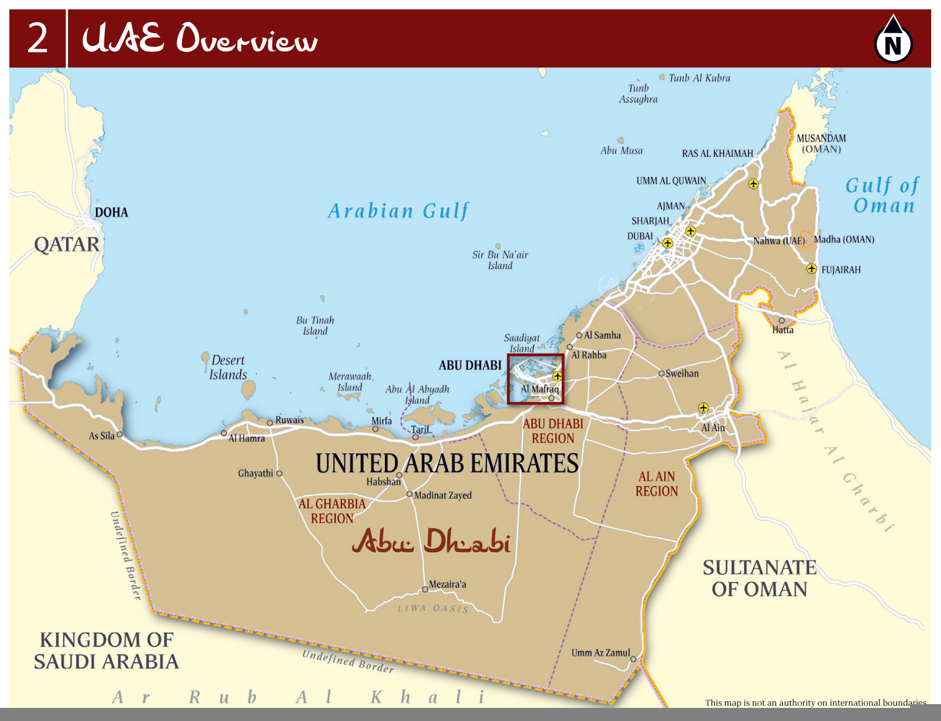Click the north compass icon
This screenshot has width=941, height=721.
click(x=893, y=40)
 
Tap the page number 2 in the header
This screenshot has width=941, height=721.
click(x=37, y=38)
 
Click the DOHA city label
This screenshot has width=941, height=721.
click(x=111, y=213)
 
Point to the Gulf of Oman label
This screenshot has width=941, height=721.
click(x=883, y=195)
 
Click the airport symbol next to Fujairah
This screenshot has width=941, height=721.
click(x=811, y=269)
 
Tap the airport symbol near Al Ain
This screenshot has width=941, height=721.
click(x=703, y=408)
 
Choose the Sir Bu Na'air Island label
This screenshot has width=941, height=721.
click(x=500, y=260)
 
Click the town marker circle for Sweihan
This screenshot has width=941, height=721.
click(x=662, y=374)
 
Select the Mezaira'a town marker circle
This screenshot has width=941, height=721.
click(x=425, y=589)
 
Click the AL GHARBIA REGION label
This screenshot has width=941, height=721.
click(x=332, y=511)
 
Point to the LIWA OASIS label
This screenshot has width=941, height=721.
click(x=433, y=608)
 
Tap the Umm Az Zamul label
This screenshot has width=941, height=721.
click(x=601, y=653)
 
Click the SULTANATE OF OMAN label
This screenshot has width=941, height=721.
click(x=759, y=578)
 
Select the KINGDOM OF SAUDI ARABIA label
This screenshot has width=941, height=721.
click(x=106, y=651)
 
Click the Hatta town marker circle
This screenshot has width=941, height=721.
click(x=781, y=321)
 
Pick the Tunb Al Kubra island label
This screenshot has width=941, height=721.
click(x=699, y=78)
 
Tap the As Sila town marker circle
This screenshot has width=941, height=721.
click(x=120, y=434)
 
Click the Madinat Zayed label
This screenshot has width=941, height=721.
click(x=443, y=495)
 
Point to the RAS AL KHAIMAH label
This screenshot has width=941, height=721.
click(x=717, y=154)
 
